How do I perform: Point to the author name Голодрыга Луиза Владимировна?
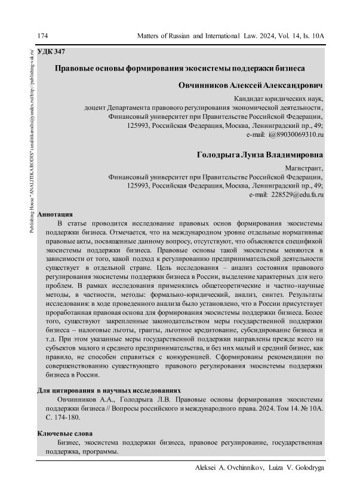click(x=260, y=155)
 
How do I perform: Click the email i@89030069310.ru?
click(x=294, y=136)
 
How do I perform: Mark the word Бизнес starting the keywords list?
click(x=69, y=443)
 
